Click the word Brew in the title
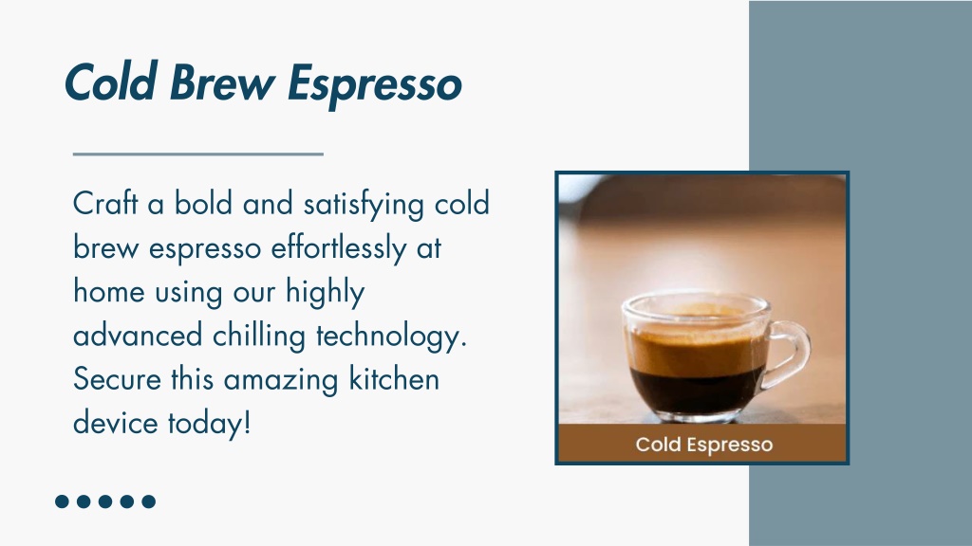[x=222, y=82]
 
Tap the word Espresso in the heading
[x=375, y=85]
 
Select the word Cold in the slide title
[x=110, y=82]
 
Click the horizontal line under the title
[x=198, y=155]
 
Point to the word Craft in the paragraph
[x=105, y=203]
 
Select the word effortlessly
[x=339, y=248]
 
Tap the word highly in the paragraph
[x=325, y=292]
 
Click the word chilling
[x=259, y=337]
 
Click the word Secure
[x=117, y=379]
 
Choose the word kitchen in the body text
[x=394, y=379]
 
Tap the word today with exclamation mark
[x=209, y=423]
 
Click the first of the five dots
[x=62, y=501]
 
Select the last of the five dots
[x=149, y=501]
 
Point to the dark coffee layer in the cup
[x=696, y=390]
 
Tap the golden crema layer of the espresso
[x=697, y=350]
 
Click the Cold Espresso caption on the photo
[x=704, y=445]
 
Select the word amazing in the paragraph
[x=281, y=380]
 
